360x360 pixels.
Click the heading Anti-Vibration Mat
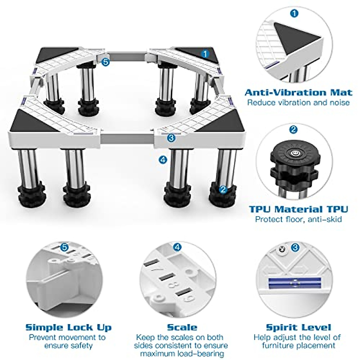coord(298,92)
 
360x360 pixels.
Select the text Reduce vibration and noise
coord(298,103)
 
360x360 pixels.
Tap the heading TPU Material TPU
coord(298,209)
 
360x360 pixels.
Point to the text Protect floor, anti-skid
coord(298,219)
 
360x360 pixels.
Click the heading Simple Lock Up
coord(68,327)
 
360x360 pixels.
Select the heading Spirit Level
coord(298,327)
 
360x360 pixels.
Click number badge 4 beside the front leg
coord(163,160)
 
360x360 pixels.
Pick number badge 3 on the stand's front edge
coord(171,138)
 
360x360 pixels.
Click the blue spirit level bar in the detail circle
coord(294,283)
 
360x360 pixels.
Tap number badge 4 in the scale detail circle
coord(178,247)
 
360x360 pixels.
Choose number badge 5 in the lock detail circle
coord(64,247)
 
